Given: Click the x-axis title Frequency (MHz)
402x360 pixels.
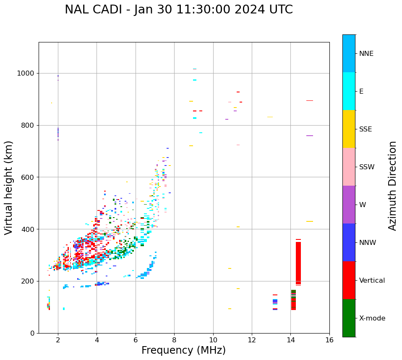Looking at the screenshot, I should [183, 350].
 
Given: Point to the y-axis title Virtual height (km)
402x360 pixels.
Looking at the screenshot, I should [9, 187].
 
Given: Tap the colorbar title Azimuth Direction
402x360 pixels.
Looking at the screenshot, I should [392, 186].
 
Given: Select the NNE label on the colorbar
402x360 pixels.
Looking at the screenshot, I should [366, 54].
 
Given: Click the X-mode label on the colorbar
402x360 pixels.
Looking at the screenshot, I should [372, 318].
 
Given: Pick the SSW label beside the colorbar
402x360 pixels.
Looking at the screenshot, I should [366, 167].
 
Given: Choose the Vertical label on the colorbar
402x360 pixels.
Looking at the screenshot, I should [372, 281].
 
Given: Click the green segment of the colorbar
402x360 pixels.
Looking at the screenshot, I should [349, 318].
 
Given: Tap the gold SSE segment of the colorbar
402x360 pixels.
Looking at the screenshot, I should [349, 129].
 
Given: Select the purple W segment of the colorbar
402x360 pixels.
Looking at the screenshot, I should [349, 205].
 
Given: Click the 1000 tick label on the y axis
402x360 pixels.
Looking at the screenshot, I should [26, 74].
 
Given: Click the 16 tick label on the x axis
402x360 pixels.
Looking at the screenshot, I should [329, 340].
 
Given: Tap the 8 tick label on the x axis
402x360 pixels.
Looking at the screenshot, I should [174, 340].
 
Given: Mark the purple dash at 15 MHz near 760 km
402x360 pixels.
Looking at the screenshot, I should [310, 136].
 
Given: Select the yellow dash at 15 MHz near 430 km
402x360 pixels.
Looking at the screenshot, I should [310, 221].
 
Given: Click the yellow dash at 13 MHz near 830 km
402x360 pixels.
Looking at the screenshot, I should [270, 117].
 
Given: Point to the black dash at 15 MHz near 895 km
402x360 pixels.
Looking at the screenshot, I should [310, 100].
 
